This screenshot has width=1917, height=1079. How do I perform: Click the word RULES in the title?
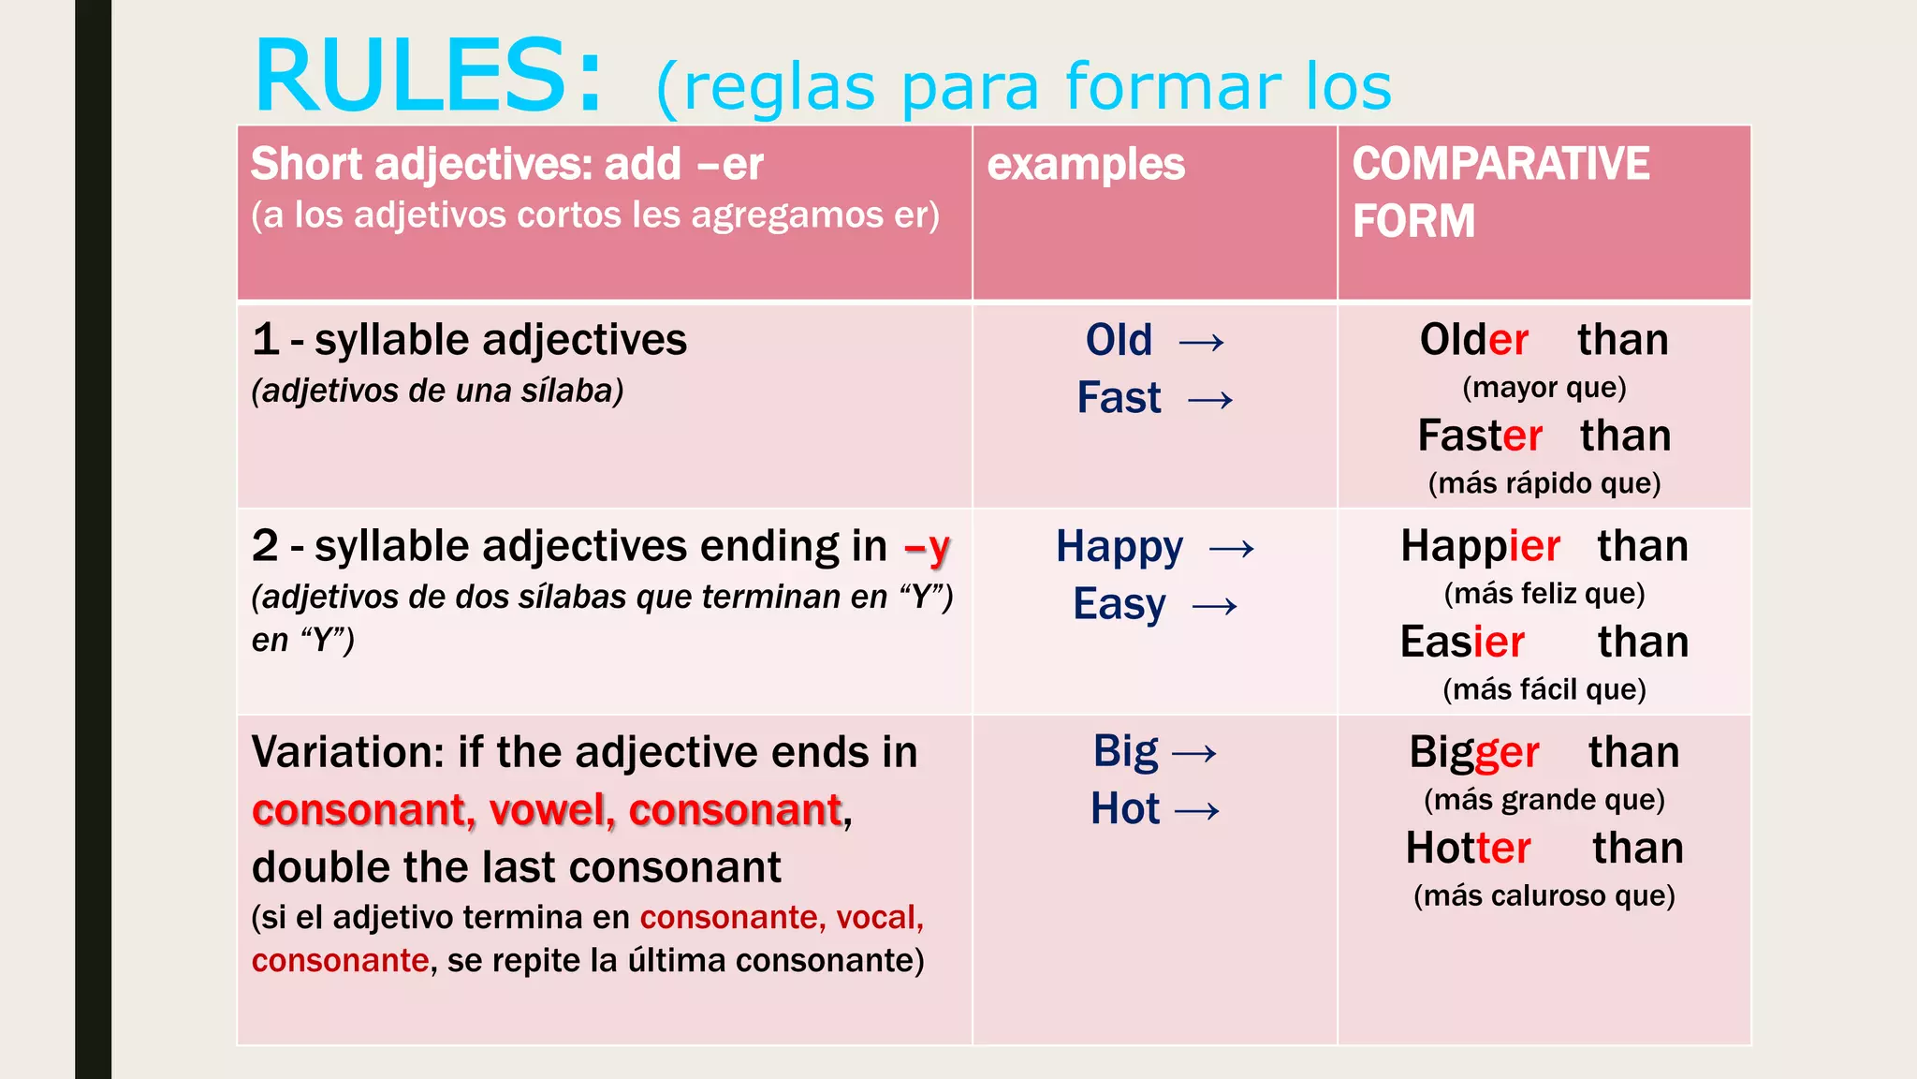click(412, 77)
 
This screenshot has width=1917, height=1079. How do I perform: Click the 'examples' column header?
click(1086, 165)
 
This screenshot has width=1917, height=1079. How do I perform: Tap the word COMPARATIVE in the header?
click(1500, 164)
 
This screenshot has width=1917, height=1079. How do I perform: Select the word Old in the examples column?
click(1119, 340)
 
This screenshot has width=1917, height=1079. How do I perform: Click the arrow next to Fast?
click(1210, 401)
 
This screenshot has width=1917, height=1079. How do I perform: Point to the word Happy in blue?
click(1119, 547)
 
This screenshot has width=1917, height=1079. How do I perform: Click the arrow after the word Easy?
click(1215, 607)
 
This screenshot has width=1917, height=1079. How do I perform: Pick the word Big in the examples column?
click(1126, 752)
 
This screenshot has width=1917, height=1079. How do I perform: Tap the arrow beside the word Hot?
click(1197, 811)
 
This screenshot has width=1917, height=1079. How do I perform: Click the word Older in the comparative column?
click(1473, 340)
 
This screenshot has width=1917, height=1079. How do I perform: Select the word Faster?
click(1479, 436)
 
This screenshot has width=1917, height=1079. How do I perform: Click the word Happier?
click(1480, 547)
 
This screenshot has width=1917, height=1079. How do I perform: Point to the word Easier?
click(1462, 643)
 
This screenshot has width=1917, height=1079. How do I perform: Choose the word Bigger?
click(1474, 753)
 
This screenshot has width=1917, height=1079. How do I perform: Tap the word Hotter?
click(1468, 849)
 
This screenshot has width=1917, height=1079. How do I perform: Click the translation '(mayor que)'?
click(1544, 388)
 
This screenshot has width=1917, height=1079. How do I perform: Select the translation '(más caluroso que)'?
click(1544, 896)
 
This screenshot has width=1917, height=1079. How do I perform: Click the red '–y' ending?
click(928, 547)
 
